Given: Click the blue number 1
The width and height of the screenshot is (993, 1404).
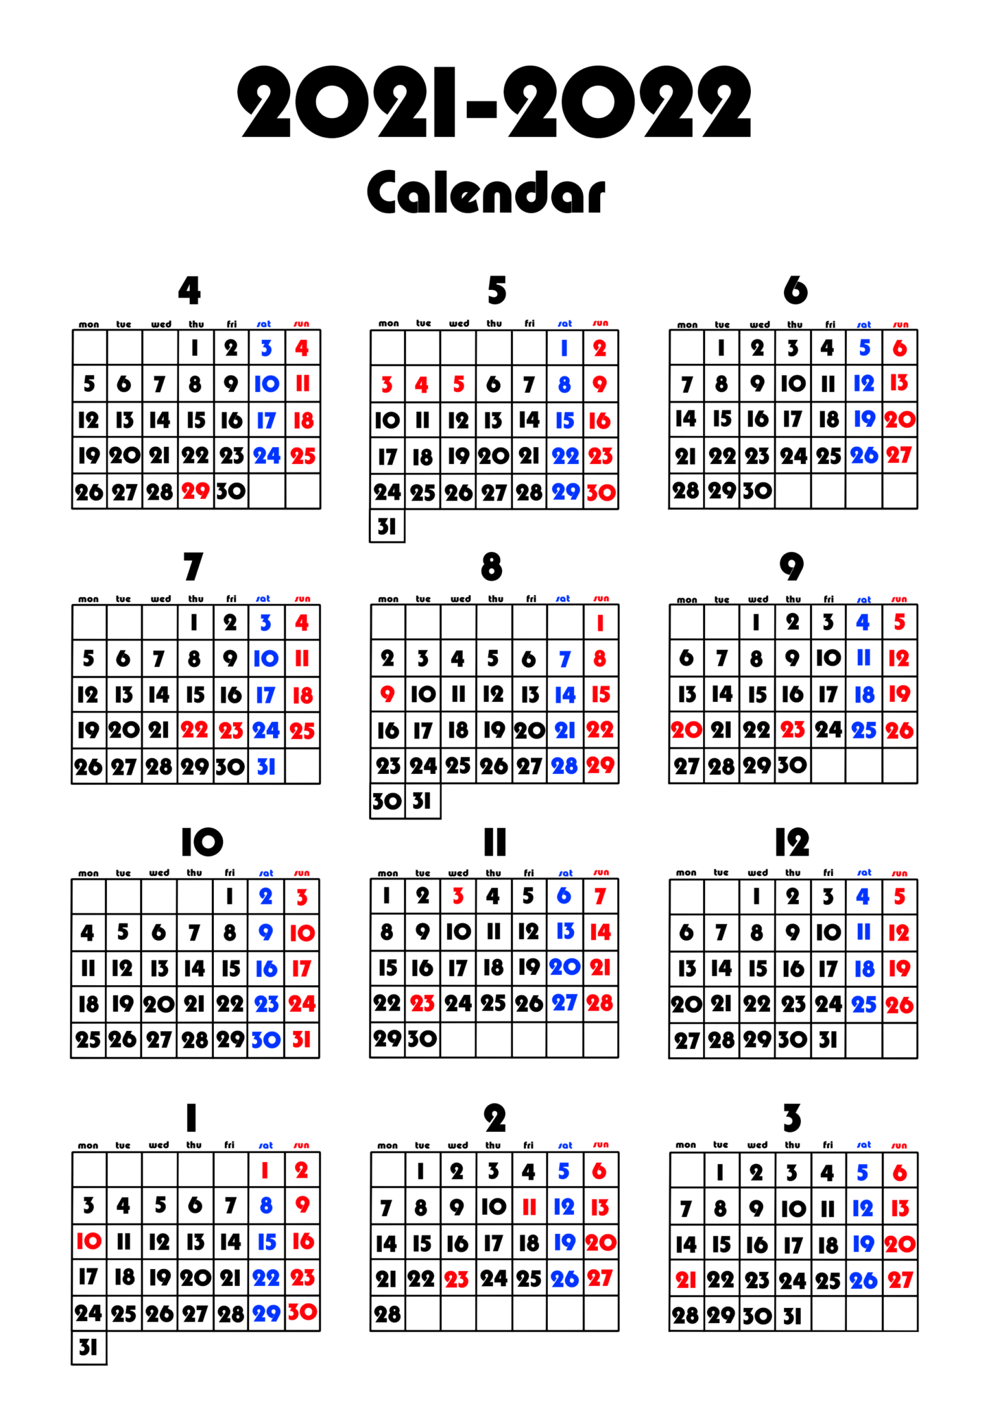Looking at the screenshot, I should pos(564,348).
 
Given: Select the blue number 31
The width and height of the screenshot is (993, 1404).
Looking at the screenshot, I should pos(266,766).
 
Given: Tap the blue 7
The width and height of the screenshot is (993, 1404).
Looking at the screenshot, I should pos(564,659).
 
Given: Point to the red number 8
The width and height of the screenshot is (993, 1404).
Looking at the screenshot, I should pos(600,659).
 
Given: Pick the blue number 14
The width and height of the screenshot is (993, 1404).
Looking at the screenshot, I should pos(564,695).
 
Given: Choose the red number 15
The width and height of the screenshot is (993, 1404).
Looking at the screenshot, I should pos(601,695).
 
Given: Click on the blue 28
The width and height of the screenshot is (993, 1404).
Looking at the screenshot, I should pos(564,766).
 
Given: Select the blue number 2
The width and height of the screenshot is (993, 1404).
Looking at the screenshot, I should pos(266,896).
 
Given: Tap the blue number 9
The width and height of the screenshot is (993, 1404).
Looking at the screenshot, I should pos(266,932).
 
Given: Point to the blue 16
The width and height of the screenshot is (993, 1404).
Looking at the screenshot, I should pos(266,969).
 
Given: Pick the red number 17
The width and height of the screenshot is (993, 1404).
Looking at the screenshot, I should pos(302,969).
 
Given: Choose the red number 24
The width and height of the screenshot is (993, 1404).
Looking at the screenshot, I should pos(302,1004).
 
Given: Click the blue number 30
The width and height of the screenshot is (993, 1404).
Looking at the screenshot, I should pos(266,1040).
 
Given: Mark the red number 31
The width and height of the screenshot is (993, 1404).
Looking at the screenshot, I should pos(302,1040).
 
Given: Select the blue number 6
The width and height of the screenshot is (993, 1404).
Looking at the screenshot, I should pos(564,895).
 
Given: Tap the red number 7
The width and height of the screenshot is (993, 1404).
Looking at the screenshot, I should pos(600,895).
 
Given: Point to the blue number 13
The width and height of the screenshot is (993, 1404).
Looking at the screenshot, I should pos(565,931).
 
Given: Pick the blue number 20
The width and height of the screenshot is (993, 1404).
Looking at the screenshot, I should pos(564,967).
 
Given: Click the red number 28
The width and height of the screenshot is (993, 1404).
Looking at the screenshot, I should pos(600,1003).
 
